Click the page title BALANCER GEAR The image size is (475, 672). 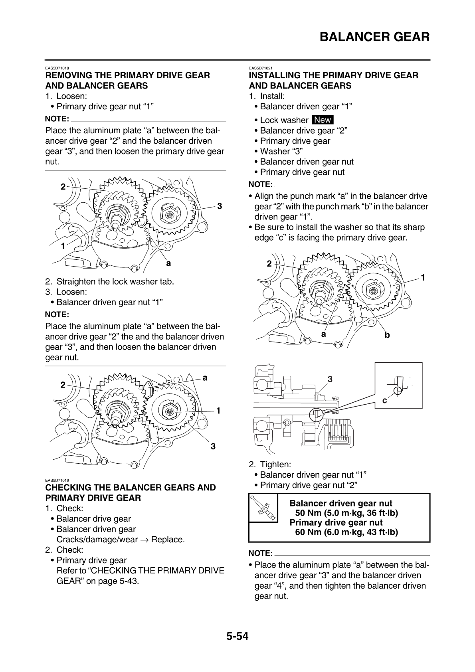click(374, 37)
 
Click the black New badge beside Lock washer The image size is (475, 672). click(323, 120)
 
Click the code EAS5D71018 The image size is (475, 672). click(57, 68)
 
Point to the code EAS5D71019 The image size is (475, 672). click(57, 480)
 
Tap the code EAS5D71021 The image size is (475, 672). click(261, 68)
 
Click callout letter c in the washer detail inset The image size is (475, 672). click(384, 400)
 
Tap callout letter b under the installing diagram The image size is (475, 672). click(387, 335)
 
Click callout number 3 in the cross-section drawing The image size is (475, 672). click(330, 379)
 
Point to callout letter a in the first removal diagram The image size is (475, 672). click(168, 263)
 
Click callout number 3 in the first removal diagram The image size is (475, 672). click(219, 206)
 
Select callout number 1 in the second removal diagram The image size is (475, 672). click(218, 410)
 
